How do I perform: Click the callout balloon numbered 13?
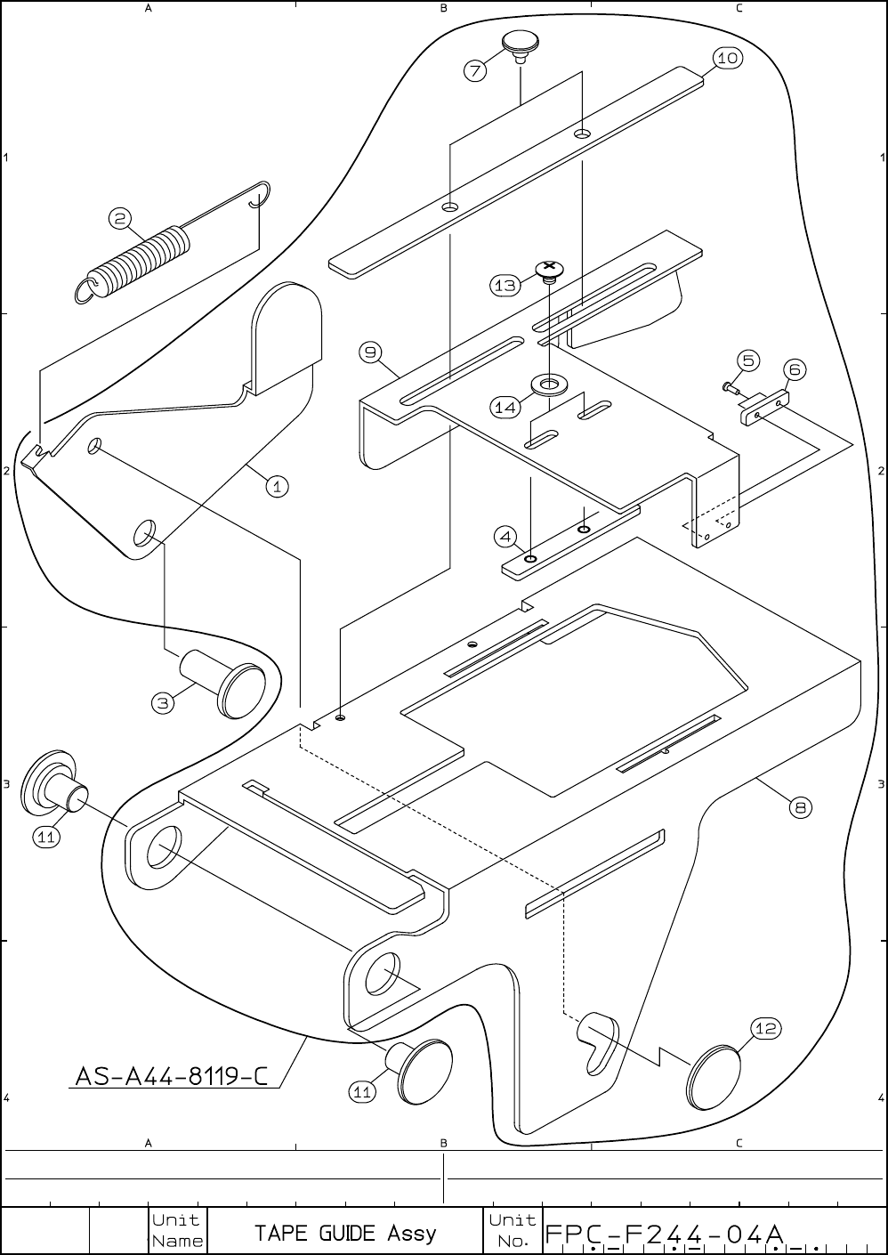[505, 285]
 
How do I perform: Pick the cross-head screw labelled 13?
[550, 269]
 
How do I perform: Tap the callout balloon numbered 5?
[748, 360]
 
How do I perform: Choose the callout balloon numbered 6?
[795, 369]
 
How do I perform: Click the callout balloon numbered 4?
[506, 537]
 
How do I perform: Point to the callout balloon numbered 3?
[163, 703]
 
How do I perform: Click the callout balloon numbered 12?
[766, 1029]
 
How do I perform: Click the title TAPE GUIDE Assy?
[345, 1233]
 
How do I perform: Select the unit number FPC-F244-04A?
[664, 1235]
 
